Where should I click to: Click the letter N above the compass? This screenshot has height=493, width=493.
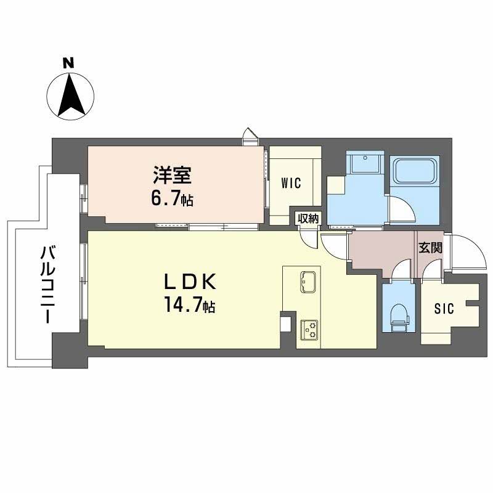click(x=68, y=62)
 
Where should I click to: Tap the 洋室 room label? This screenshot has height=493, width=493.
click(x=173, y=176)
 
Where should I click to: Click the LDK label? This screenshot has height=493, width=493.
click(x=189, y=282)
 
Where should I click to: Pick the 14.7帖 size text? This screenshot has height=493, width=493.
click(x=189, y=306)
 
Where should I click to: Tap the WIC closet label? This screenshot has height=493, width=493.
click(x=291, y=182)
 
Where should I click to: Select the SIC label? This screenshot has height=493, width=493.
click(x=445, y=309)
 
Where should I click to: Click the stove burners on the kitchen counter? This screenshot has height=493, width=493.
click(x=308, y=330)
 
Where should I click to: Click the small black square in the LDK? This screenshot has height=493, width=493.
click(x=285, y=324)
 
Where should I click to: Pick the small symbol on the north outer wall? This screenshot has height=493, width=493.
click(x=250, y=136)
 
